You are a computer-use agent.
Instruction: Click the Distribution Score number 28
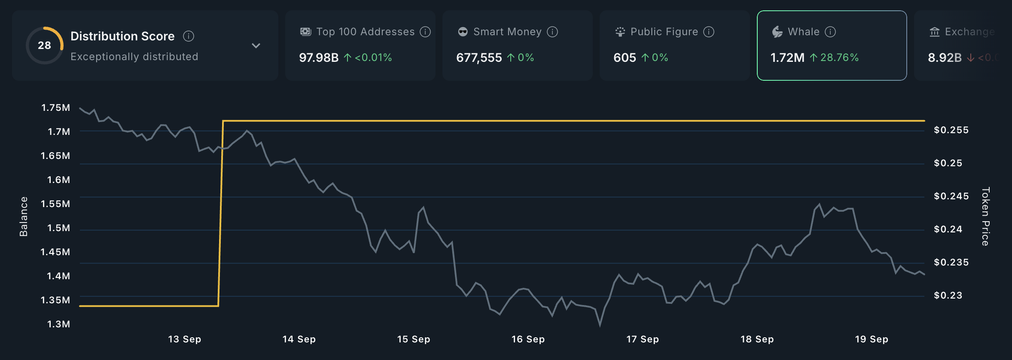[44, 46]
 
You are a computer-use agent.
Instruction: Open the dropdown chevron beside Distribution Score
[256, 46]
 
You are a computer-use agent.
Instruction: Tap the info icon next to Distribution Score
[189, 36]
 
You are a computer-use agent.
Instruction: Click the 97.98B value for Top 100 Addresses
[319, 58]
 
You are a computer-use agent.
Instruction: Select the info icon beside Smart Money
[552, 32]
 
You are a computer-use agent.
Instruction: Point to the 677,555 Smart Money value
[479, 58]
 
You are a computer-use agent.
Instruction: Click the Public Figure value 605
[625, 58]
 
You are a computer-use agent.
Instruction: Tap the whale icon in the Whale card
[777, 32]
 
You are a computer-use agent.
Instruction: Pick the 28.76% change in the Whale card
[839, 58]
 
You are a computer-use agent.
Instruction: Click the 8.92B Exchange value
[945, 58]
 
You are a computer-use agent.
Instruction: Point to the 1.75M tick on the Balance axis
[55, 108]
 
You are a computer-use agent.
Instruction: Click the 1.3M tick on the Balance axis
[58, 324]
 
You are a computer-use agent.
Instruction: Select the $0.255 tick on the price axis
[951, 130]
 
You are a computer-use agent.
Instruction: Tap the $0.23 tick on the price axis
[948, 296]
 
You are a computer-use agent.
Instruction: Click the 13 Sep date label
[184, 339]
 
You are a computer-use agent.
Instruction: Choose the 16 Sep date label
[528, 339]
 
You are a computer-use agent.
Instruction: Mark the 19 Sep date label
[872, 339]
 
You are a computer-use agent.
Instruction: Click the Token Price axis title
[986, 217]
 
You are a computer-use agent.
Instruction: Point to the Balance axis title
[24, 217]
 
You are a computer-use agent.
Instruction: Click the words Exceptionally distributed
[134, 57]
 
